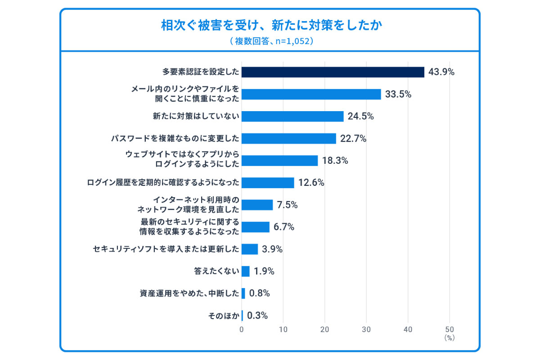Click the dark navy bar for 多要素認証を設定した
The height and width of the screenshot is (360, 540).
point(333,72)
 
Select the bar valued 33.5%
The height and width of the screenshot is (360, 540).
point(311,94)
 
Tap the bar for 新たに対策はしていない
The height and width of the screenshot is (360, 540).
point(292,116)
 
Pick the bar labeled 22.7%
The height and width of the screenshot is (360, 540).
point(289,138)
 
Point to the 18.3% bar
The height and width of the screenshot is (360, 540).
point(280,161)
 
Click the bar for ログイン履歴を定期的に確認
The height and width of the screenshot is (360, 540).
point(268,183)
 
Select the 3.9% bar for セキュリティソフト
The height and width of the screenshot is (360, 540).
point(250,249)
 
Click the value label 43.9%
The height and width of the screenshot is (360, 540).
point(441,72)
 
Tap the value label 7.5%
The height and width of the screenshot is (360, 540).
point(287,205)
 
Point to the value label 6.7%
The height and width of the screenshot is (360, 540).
point(283,227)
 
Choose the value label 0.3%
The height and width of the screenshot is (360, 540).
point(257,315)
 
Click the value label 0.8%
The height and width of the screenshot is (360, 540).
point(259,293)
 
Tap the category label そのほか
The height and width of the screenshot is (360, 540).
point(223,315)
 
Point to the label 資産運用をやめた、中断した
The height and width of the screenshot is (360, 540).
point(189,293)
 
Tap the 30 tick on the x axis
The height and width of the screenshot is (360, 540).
point(366,329)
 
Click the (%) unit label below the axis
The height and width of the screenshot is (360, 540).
point(450,337)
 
